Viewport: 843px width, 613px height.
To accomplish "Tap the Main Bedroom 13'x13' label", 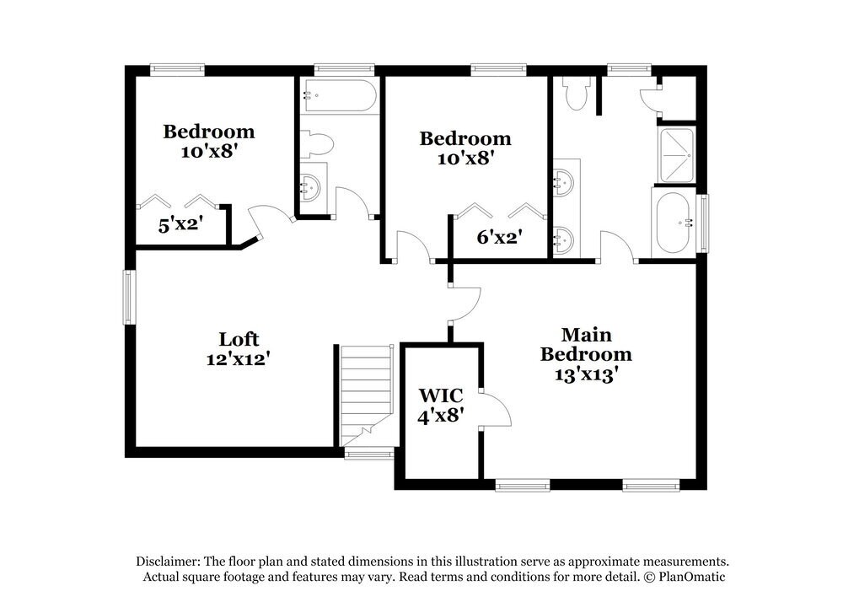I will (586, 354).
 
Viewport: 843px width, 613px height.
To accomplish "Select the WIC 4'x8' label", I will (441, 404).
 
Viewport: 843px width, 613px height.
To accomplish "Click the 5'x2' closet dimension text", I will (180, 225).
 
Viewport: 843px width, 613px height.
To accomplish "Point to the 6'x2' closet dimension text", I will (499, 237).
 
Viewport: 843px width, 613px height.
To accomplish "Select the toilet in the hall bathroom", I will (316, 144).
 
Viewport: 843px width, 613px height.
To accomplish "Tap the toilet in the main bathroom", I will (577, 94).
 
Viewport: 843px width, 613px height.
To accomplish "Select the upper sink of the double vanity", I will (564, 180).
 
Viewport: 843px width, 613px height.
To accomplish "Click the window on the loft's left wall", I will (129, 297).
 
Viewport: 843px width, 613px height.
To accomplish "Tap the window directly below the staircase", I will (369, 454).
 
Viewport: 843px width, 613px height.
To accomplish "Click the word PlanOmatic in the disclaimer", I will (689, 578).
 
